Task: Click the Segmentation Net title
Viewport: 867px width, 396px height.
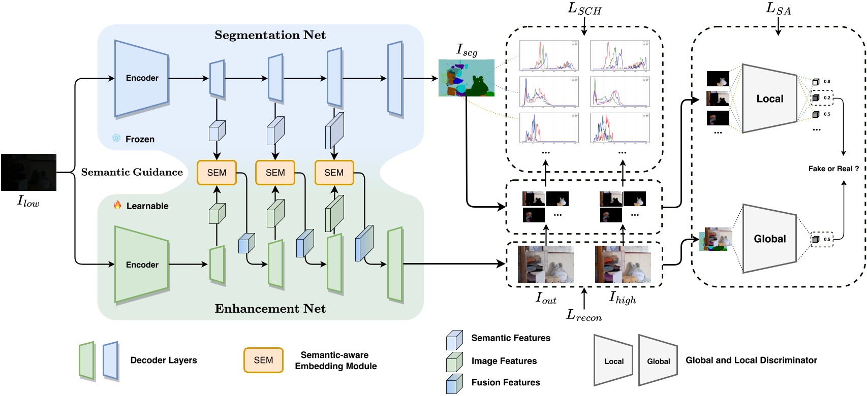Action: (270, 35)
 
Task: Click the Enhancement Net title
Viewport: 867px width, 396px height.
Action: (270, 309)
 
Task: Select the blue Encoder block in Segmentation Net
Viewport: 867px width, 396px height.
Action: (142, 78)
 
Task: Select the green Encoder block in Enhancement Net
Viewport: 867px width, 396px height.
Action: (142, 265)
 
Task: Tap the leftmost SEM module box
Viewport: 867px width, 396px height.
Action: (216, 173)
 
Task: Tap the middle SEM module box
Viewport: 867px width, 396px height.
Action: (275, 173)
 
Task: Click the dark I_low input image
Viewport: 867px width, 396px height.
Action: (28, 172)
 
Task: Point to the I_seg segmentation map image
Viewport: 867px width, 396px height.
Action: (466, 78)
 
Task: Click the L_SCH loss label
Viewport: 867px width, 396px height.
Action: (584, 9)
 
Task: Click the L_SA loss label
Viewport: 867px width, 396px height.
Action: (778, 9)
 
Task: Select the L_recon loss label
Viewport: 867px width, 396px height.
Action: (584, 316)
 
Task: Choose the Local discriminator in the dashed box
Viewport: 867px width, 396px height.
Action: (769, 99)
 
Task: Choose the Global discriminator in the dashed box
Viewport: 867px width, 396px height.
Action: (769, 239)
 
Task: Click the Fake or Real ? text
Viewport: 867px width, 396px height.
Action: (833, 169)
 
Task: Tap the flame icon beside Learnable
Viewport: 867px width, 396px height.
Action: (117, 205)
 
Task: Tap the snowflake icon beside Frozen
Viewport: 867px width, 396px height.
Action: (116, 138)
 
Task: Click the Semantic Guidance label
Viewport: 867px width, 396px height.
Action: (132, 172)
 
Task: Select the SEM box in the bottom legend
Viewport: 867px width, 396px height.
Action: (263, 360)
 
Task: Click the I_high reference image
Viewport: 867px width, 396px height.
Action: (623, 264)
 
